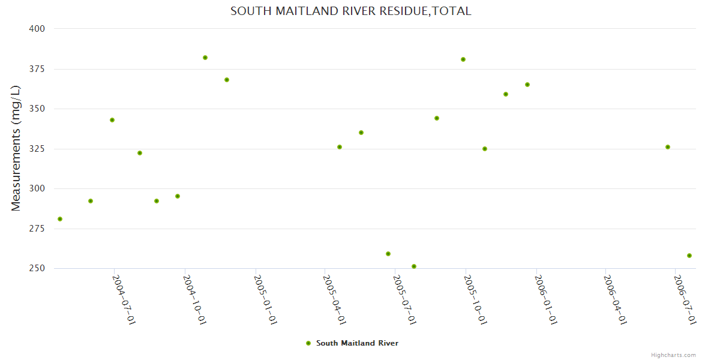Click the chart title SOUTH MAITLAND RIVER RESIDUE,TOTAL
click(x=350, y=11)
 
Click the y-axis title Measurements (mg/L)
click(x=16, y=148)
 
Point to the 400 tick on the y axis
click(x=37, y=29)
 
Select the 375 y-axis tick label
click(x=37, y=69)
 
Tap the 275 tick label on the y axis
click(x=37, y=229)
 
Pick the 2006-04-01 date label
click(x=616, y=299)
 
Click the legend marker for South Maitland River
click(x=308, y=343)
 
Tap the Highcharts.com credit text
click(x=673, y=355)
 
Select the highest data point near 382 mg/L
click(x=205, y=58)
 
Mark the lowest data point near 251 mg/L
click(x=414, y=266)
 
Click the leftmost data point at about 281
click(x=60, y=219)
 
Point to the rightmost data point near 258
click(x=689, y=256)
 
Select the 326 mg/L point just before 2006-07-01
click(x=668, y=147)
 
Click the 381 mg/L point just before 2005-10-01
click(x=463, y=59)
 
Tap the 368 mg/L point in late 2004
click(x=227, y=80)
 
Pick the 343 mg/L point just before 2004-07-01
click(x=112, y=120)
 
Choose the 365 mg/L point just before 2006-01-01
click(x=527, y=85)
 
